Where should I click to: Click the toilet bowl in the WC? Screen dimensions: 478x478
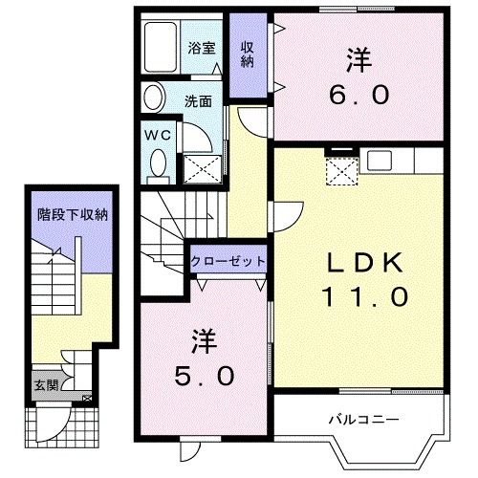coord(157,167)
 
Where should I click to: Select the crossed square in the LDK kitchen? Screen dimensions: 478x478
coord(340,172)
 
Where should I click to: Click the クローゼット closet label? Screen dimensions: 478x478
coord(228,260)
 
